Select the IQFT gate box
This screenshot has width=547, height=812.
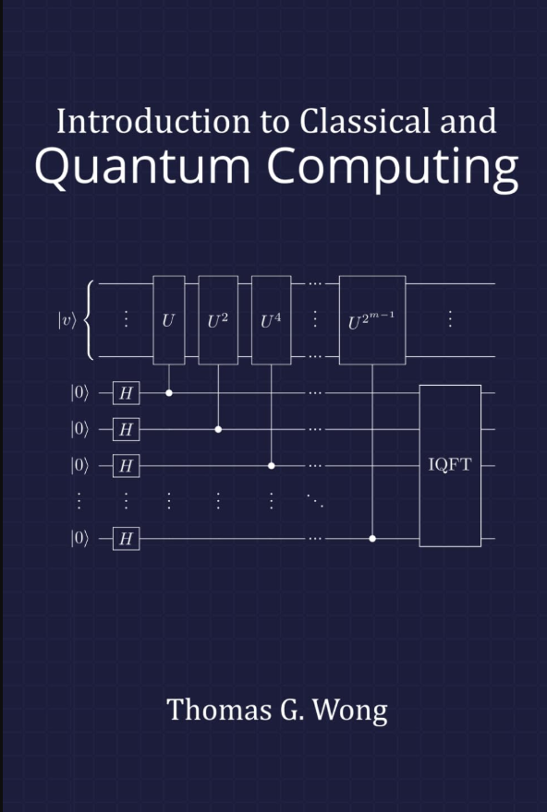click(450, 465)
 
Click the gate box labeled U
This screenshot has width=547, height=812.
click(168, 320)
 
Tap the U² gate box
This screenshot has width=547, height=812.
click(218, 320)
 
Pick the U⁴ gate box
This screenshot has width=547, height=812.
click(271, 320)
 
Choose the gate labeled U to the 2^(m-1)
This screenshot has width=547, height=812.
click(372, 320)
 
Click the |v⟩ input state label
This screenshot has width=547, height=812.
click(67, 320)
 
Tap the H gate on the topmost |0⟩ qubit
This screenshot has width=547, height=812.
click(127, 393)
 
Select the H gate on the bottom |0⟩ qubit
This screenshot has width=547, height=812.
click(127, 538)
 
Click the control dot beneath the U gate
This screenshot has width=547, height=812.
click(168, 392)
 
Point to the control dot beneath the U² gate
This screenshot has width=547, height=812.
click(218, 429)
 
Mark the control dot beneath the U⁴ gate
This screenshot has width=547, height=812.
click(271, 465)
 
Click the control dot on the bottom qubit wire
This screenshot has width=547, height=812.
click(372, 538)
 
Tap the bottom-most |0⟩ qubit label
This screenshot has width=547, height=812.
click(79, 538)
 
